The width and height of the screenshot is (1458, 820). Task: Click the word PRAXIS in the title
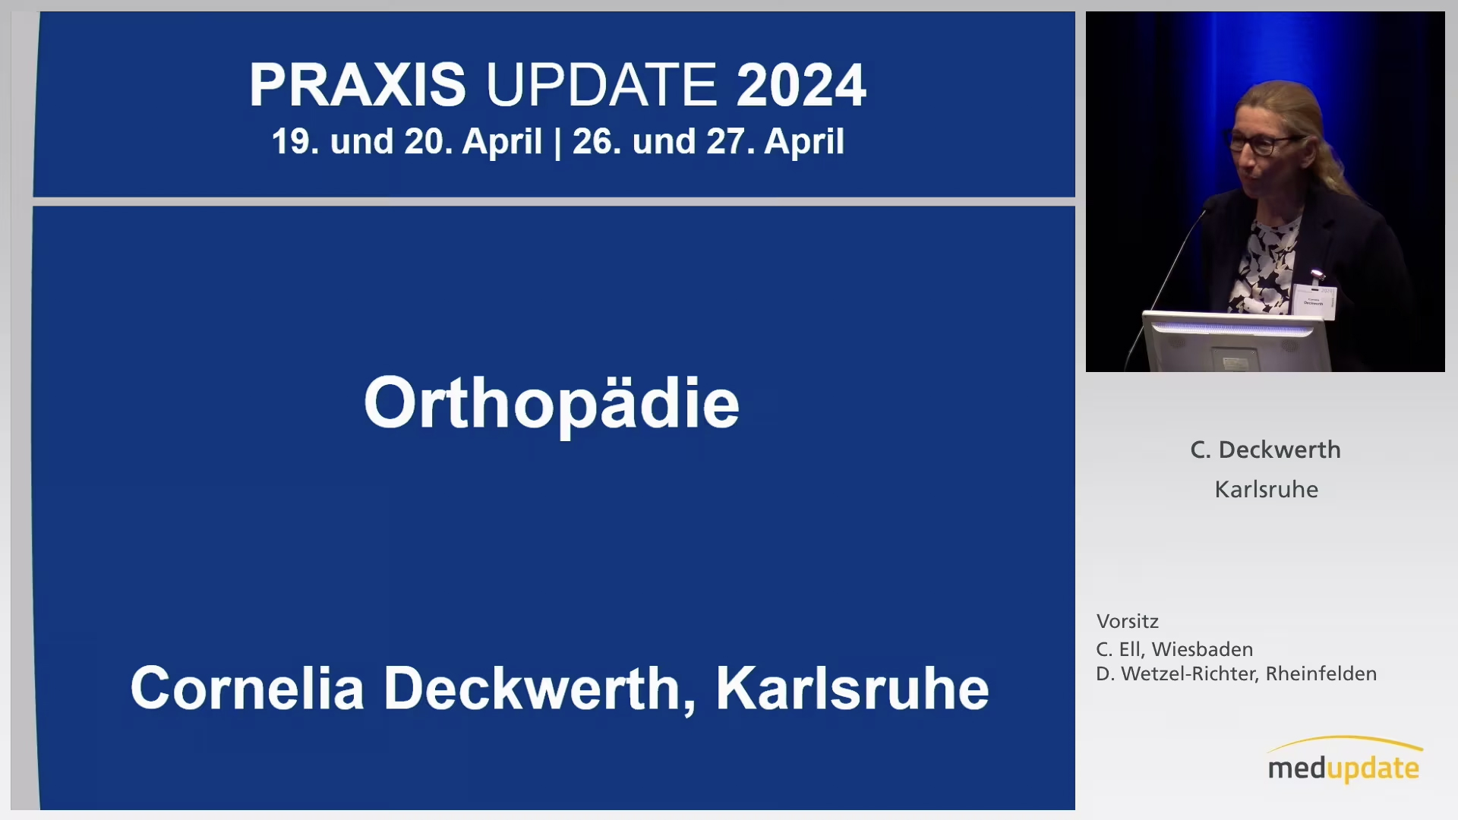tap(357, 84)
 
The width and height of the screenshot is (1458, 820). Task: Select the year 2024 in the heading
tap(801, 84)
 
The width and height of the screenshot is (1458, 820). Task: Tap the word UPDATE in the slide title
tap(601, 84)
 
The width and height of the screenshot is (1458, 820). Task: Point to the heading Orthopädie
tap(551, 404)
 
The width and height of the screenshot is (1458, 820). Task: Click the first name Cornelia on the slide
tap(247, 689)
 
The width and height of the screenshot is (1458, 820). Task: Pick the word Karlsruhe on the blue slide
tap(852, 689)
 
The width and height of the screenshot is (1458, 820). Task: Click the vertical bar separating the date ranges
tap(557, 142)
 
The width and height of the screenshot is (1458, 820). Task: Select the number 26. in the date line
tap(598, 142)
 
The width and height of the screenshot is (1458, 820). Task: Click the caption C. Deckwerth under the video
tap(1265, 449)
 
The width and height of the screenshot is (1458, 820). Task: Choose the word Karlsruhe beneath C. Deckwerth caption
tap(1266, 489)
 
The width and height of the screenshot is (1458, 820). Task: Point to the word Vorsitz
tap(1127, 621)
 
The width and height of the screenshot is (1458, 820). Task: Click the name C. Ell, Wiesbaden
tap(1174, 649)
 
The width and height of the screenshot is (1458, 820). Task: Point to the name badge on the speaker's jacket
tap(1314, 301)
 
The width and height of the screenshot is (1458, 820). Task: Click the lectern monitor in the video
tap(1236, 341)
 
